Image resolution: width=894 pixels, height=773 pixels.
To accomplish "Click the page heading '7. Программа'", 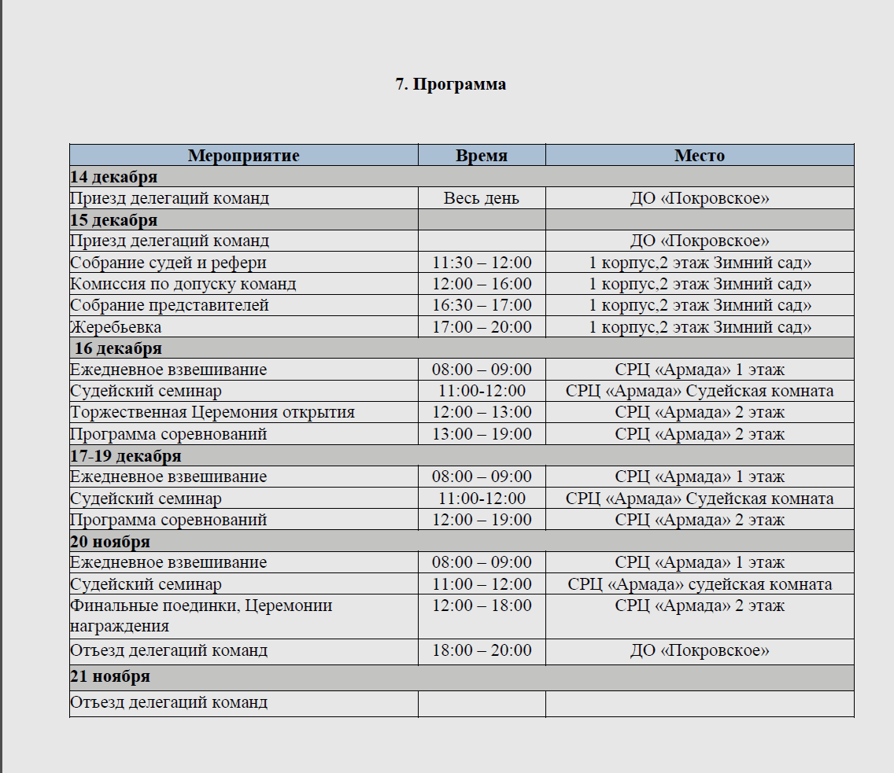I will (x=450, y=84).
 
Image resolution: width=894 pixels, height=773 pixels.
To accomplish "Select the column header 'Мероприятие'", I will (x=243, y=155).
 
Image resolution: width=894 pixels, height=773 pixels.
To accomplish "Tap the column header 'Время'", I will (x=481, y=155).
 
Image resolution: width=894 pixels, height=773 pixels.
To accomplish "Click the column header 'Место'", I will (x=699, y=155).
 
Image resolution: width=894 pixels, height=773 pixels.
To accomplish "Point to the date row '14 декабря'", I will (x=114, y=176).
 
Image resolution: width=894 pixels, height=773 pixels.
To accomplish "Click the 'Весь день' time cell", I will (x=481, y=197).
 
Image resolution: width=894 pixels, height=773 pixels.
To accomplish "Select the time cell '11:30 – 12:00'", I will (x=481, y=262).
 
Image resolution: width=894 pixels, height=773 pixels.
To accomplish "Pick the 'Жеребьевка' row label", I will (x=116, y=326).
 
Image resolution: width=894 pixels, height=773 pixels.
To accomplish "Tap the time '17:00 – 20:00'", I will (x=481, y=326).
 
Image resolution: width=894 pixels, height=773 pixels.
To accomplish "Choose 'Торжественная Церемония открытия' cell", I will (x=212, y=412).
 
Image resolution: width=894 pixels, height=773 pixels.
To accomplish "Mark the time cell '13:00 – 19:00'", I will (x=481, y=433).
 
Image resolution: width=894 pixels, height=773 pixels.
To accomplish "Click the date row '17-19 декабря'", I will (x=126, y=455).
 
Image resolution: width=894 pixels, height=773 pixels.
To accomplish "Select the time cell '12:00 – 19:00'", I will (x=481, y=520).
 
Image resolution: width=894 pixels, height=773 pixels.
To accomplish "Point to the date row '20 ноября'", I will (x=110, y=541).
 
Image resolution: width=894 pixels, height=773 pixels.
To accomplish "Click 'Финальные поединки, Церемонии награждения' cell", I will (x=201, y=616).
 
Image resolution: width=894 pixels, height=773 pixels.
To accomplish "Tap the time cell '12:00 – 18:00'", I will (x=481, y=606).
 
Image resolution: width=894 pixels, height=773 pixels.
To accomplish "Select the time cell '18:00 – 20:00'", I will (x=481, y=650).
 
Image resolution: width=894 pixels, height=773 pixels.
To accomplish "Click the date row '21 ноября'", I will (x=110, y=676).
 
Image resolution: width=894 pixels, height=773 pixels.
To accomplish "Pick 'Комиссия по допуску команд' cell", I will (x=183, y=283).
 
